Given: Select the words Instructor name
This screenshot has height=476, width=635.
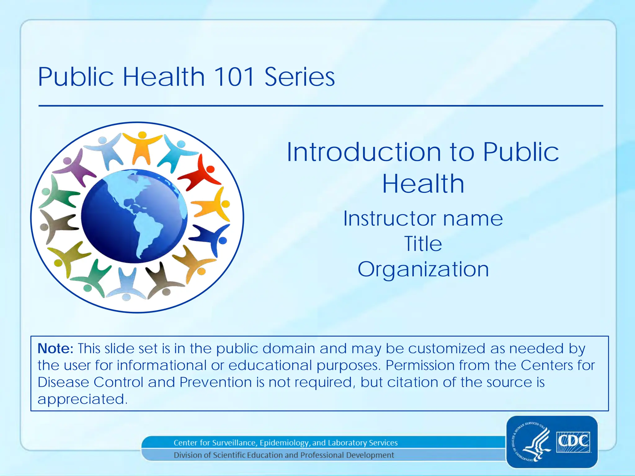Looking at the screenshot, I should click(x=423, y=219).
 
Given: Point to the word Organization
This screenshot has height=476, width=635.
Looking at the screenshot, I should click(x=423, y=269).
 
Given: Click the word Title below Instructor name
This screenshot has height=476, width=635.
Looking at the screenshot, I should click(x=423, y=244).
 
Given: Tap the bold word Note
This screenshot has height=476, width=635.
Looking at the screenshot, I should click(x=55, y=349).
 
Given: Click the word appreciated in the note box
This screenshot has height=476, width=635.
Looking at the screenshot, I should click(x=82, y=399).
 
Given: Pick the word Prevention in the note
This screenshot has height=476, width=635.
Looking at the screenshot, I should click(x=215, y=382).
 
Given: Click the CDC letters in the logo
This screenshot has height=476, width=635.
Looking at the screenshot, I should click(x=573, y=441).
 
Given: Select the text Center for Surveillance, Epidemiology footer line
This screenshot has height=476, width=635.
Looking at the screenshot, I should click(x=285, y=443).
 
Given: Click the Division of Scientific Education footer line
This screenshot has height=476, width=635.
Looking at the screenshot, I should click(x=284, y=455).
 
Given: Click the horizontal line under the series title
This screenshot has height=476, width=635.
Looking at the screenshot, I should click(x=321, y=106).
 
